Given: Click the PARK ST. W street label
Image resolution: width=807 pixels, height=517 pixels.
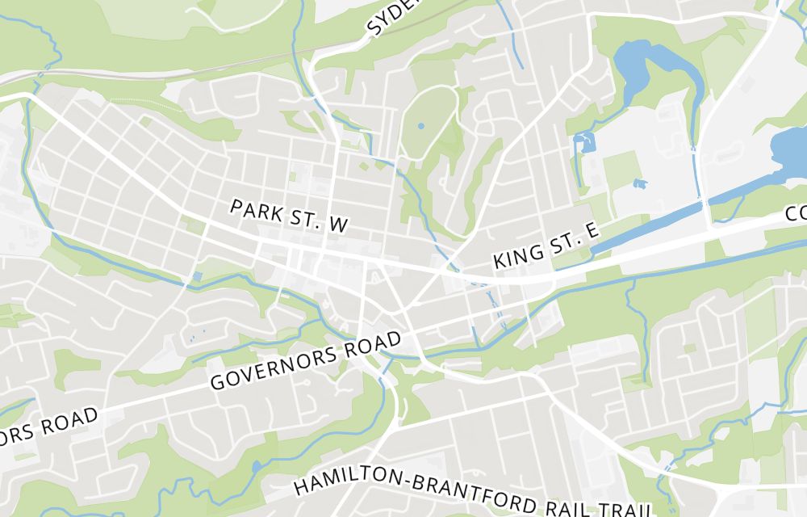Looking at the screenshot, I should click(x=288, y=216).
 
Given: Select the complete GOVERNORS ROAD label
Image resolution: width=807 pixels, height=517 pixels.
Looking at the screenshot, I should click(x=306, y=361).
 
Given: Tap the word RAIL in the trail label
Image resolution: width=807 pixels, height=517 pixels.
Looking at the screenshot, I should click(x=567, y=504).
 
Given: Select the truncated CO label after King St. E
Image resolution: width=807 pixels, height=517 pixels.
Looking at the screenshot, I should click(x=796, y=213).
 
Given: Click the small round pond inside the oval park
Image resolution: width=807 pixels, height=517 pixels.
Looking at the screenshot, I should click(x=420, y=126).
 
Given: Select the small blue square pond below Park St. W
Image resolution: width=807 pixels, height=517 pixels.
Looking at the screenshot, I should click(x=198, y=276).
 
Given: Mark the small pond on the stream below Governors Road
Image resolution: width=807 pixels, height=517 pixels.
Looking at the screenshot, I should click(x=256, y=466).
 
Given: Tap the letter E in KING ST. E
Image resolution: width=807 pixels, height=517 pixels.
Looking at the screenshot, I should click(x=591, y=232).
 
